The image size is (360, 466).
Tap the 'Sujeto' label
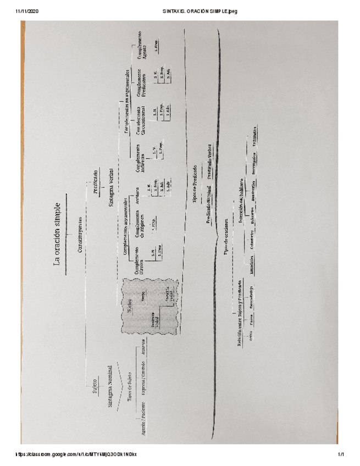(x=95, y=385)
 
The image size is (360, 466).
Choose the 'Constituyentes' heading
(x=81, y=233)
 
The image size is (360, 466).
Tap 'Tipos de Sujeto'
(x=130, y=387)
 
